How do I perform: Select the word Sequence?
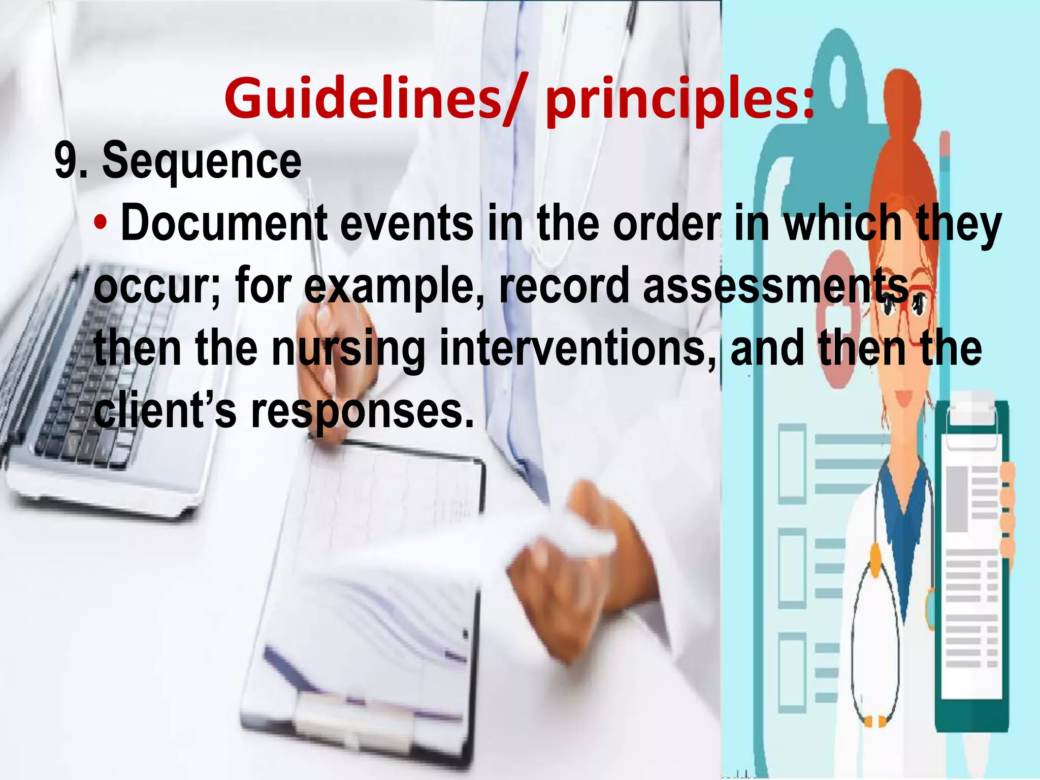(x=202, y=161)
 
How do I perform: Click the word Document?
(x=224, y=223)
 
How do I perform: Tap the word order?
(x=667, y=223)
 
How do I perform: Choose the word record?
(x=564, y=285)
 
